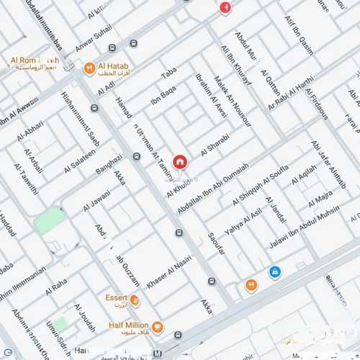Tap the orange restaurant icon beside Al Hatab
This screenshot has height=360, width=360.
pyautogui.click(x=88, y=68)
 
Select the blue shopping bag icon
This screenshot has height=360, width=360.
pyautogui.click(x=274, y=271)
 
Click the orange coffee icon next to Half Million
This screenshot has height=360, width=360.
pyautogui.click(x=158, y=328)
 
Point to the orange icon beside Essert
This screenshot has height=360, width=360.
pyautogui.click(x=134, y=298)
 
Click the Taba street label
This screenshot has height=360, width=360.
pyautogui.click(x=168, y=73)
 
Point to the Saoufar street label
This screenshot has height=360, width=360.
pyautogui.click(x=216, y=247)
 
